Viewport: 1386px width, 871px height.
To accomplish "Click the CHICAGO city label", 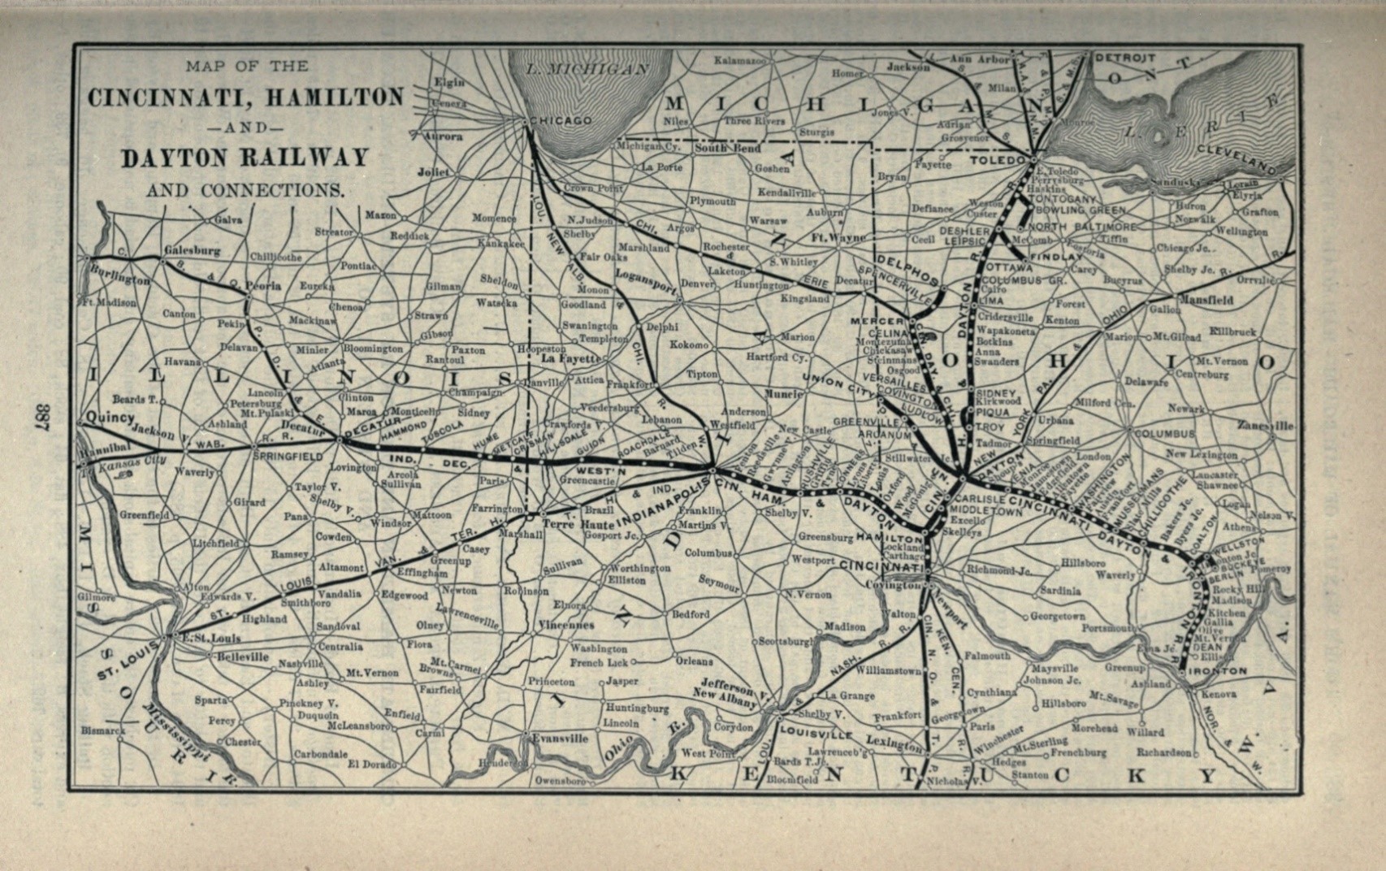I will [561, 120].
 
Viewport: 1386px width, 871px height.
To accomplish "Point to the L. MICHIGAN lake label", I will [587, 69].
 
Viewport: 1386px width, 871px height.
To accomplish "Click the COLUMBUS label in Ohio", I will [1164, 434].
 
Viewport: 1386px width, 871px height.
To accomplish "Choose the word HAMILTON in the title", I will [326, 97].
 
